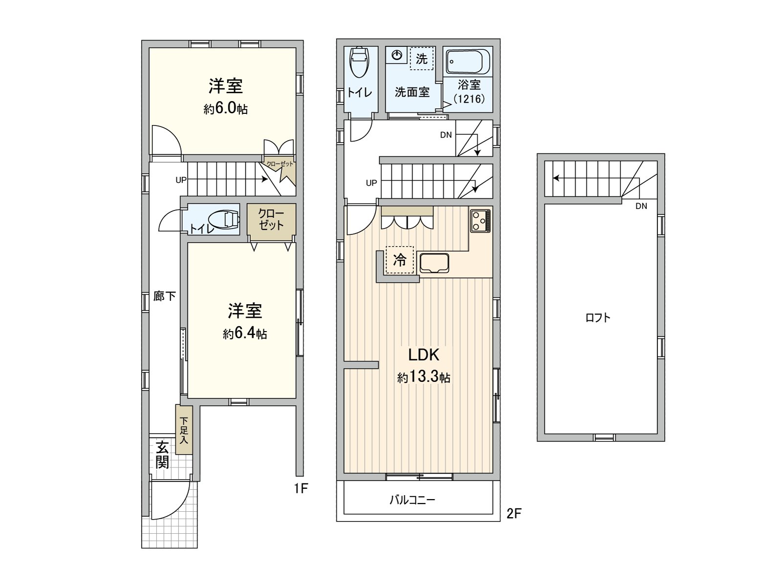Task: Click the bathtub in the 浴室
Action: [x=468, y=62]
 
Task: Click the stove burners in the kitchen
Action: [x=480, y=220]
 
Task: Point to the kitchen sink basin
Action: [x=434, y=264]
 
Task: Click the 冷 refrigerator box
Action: [x=400, y=260]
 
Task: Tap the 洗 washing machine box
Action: [x=421, y=59]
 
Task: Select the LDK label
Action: [x=424, y=355]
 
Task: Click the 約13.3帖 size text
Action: [x=424, y=377]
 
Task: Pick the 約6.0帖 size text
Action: [x=225, y=108]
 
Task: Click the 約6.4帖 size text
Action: [x=245, y=334]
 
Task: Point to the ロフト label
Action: [x=598, y=318]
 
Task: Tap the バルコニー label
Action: [x=412, y=500]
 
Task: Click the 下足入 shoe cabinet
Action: [x=184, y=430]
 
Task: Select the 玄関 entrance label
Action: [x=162, y=455]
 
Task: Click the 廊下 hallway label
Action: [x=164, y=296]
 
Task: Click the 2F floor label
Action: [x=514, y=513]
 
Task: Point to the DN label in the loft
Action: [x=641, y=206]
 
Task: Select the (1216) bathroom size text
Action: [x=469, y=99]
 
